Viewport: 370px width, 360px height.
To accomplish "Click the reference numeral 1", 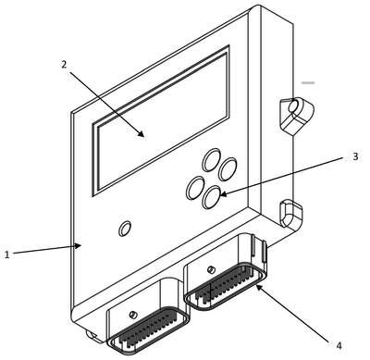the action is [x=7, y=254].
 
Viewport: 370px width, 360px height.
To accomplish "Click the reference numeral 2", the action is [x=64, y=65].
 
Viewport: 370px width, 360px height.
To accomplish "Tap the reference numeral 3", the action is [x=355, y=156].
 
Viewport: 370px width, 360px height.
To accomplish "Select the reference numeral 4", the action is [x=339, y=345].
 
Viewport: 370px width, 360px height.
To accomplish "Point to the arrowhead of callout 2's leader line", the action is [x=142, y=133].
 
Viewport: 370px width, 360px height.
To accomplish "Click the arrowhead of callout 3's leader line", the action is [x=223, y=194].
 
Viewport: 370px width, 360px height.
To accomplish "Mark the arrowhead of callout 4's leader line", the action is [x=259, y=287].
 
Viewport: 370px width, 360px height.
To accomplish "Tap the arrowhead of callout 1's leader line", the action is [x=78, y=246].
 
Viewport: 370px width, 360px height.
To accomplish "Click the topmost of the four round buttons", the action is [x=212, y=159].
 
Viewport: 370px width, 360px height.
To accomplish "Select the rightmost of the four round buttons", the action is [x=228, y=169].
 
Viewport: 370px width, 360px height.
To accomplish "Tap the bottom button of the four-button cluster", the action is [x=212, y=197].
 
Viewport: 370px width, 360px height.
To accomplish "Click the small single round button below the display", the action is [x=125, y=229].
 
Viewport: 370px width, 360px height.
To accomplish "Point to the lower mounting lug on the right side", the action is [x=291, y=214].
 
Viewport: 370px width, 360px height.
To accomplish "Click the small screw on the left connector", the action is [x=133, y=315].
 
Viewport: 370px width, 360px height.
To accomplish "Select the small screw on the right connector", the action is [x=211, y=269].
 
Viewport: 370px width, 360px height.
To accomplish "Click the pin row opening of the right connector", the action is [x=226, y=286].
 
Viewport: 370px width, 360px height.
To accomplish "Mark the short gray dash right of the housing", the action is [x=308, y=82].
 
